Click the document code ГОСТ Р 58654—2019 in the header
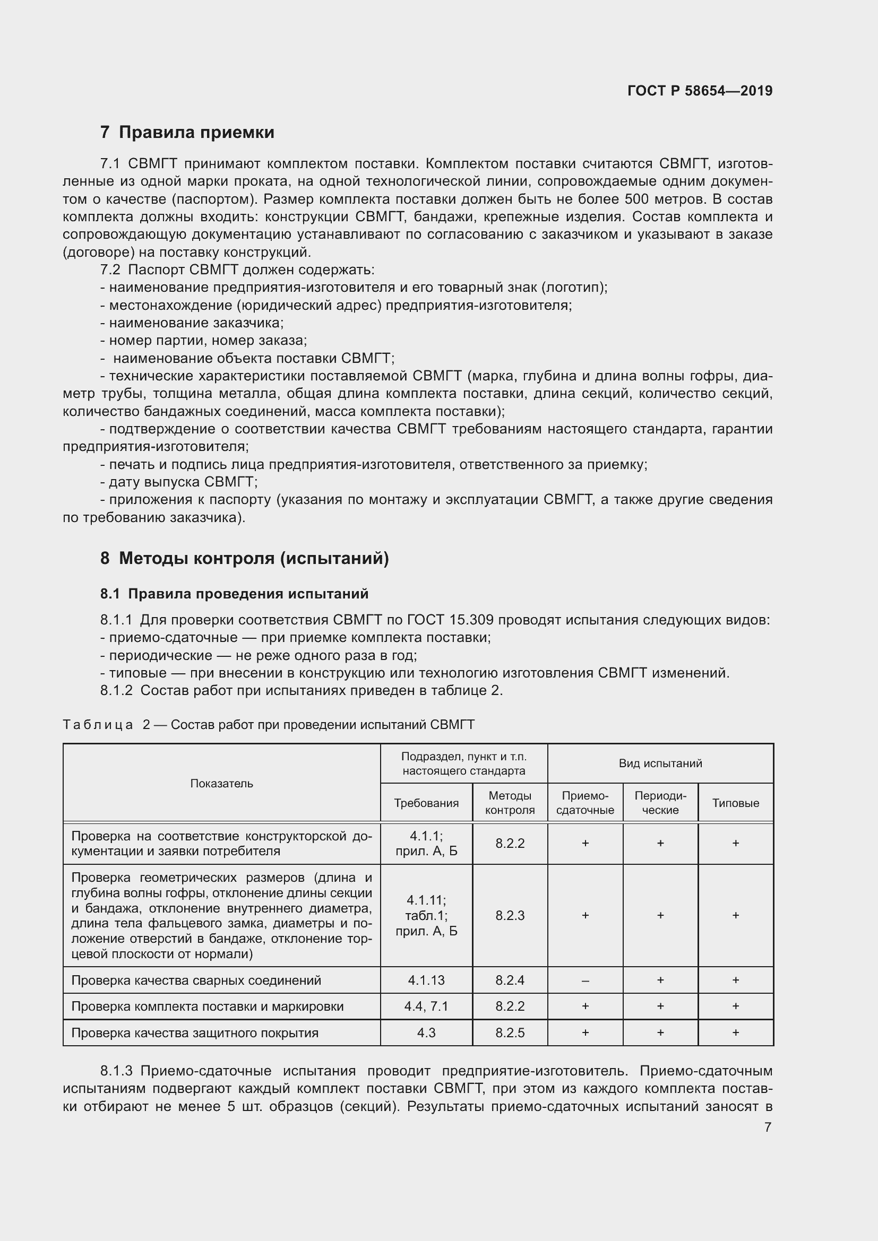700,91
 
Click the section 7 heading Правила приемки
187,133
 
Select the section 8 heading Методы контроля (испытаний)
244,558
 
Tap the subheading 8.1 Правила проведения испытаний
234,594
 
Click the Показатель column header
221,784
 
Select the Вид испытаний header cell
660,763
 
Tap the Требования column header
426,803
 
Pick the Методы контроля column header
510,803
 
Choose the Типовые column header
735,803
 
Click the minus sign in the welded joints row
585,980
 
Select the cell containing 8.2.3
510,916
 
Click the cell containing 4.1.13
426,980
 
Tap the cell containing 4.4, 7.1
426,1006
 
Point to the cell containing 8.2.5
510,1033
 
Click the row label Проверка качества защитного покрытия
195,1033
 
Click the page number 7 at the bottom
768,1127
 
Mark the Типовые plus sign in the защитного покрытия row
735,1033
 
